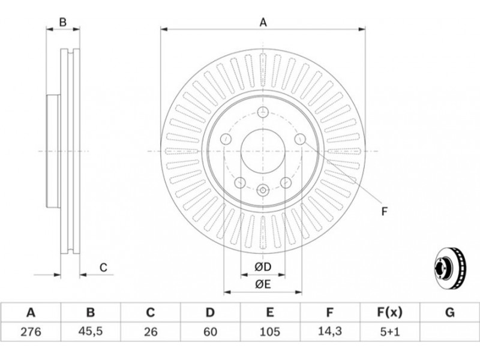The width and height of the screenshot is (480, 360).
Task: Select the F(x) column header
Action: tap(389, 312)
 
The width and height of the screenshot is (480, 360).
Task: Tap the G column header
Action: tap(449, 312)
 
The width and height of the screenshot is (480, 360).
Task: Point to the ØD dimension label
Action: tap(263, 266)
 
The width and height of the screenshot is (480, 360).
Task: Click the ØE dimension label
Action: tap(263, 284)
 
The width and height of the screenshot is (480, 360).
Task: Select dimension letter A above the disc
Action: tap(263, 23)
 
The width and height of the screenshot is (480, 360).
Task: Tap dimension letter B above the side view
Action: tap(62, 23)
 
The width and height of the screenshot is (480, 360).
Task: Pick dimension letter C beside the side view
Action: tap(103, 268)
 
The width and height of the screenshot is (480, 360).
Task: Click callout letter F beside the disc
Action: tap(385, 211)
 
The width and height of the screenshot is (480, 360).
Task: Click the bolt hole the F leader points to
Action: tap(300, 139)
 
